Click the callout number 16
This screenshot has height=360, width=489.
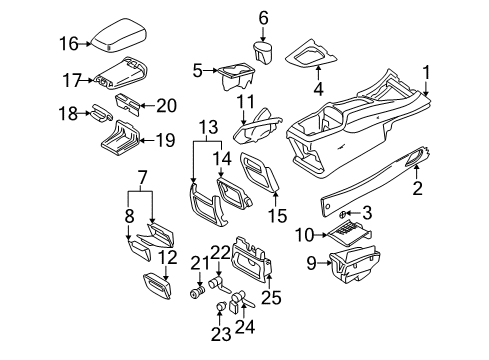(67, 42)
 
